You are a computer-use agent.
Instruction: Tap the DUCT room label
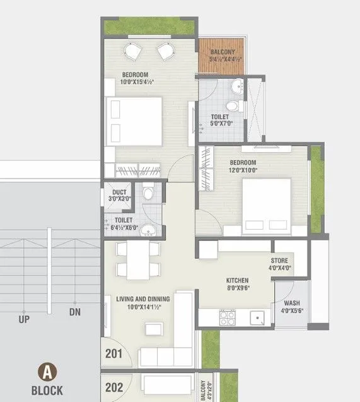click(x=120, y=192)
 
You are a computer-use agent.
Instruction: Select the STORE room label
click(x=279, y=260)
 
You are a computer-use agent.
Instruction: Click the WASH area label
click(x=292, y=303)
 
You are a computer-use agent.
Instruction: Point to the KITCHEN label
click(x=238, y=280)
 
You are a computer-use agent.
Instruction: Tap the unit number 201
click(x=114, y=354)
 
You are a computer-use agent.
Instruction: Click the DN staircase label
click(x=75, y=312)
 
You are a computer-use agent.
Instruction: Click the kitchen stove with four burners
click(x=226, y=316)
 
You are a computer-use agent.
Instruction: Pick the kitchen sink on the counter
click(x=257, y=317)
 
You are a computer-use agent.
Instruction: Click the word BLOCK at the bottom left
click(x=47, y=390)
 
